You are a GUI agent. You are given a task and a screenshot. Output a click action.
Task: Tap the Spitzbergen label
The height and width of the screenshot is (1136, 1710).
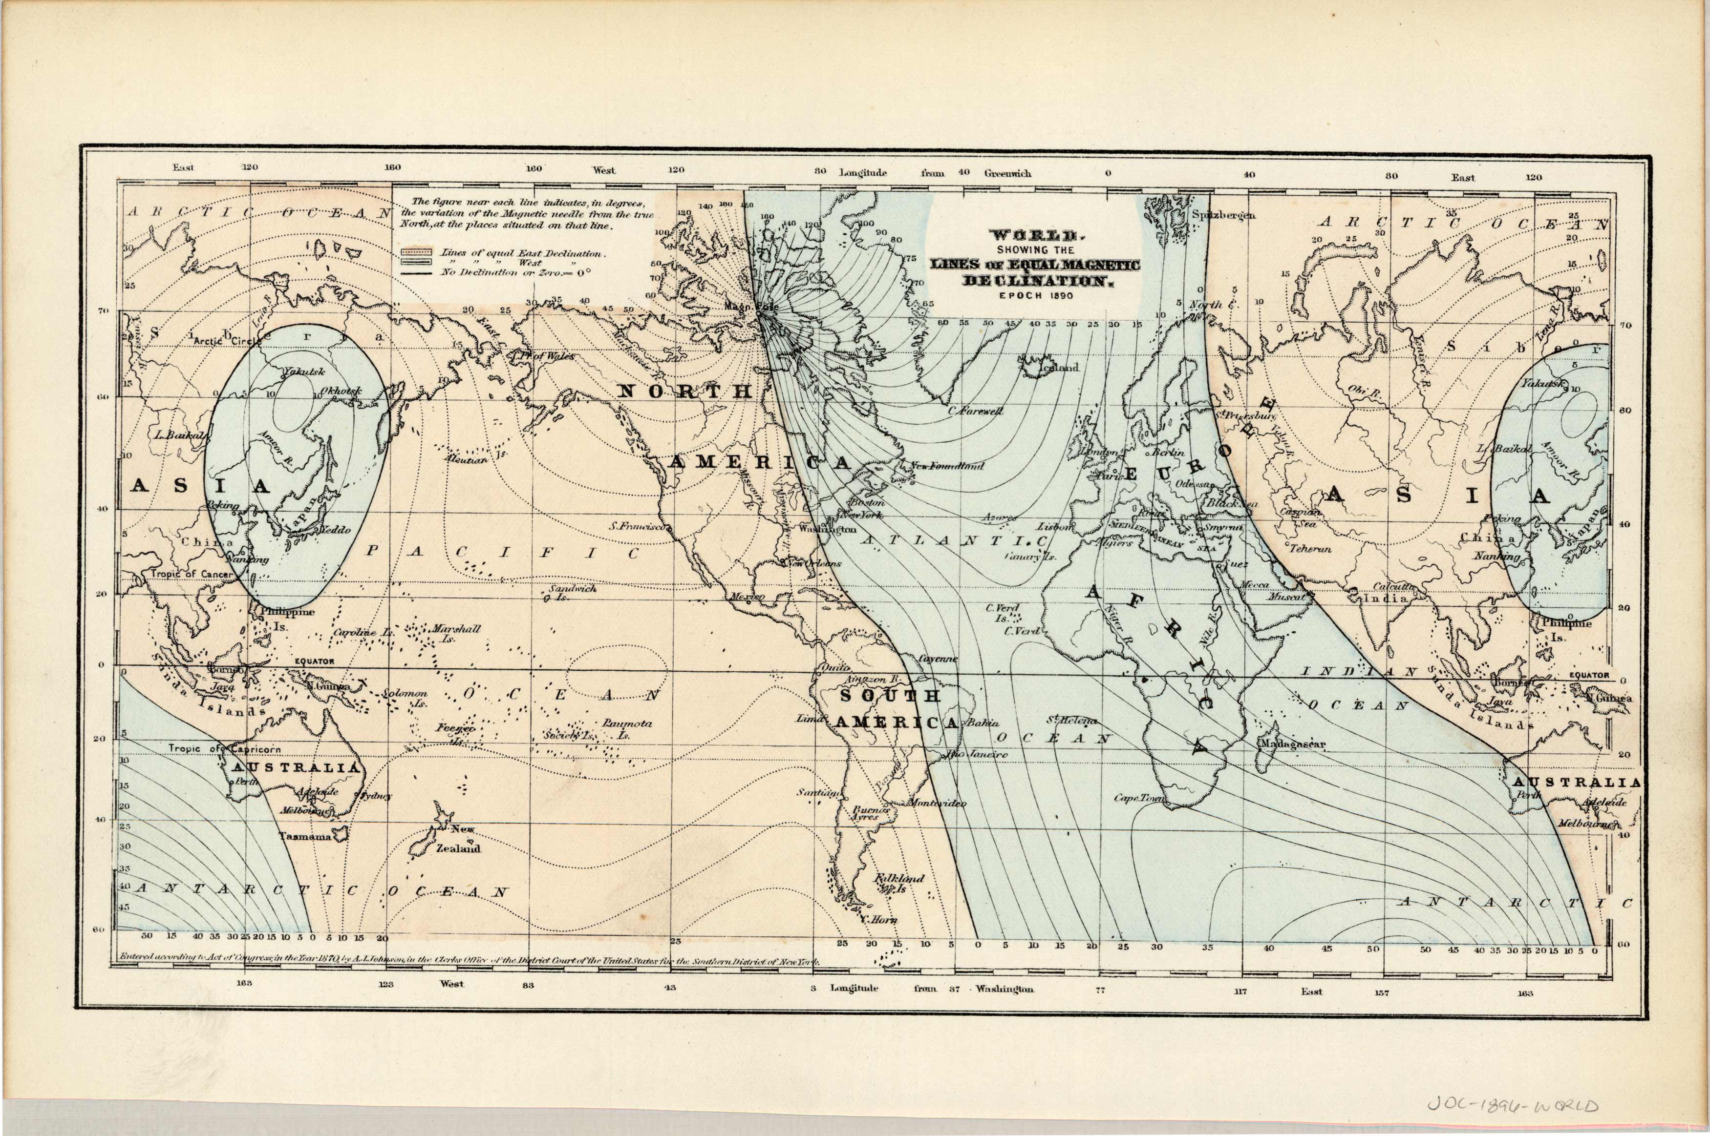[x=1223, y=214]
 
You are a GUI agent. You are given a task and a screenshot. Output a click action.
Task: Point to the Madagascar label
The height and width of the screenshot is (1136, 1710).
[x=1292, y=744]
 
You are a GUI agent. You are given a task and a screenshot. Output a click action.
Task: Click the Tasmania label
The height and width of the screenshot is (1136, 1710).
[x=305, y=836]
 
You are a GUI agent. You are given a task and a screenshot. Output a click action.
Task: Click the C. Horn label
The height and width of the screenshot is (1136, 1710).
[x=878, y=919]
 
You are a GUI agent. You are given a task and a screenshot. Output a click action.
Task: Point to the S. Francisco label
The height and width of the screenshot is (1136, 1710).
[x=638, y=527]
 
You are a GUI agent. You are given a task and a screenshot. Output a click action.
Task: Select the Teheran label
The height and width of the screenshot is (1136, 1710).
[x=1310, y=548]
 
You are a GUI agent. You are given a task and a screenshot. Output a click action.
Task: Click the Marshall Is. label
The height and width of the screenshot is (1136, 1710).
[x=456, y=633]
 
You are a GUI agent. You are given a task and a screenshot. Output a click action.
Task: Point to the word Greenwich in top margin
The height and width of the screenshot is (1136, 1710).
[x=1007, y=173]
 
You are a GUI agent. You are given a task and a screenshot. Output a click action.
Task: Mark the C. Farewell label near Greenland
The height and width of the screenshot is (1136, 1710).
[x=976, y=411]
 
